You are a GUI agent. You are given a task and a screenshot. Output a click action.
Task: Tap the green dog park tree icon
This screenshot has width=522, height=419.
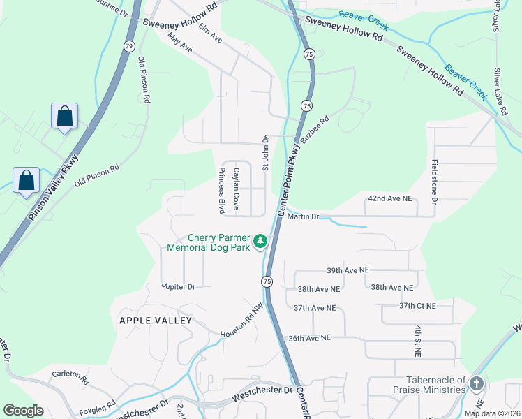[x=260, y=242]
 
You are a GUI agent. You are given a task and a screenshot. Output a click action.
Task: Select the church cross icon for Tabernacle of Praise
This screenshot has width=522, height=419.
[x=477, y=383]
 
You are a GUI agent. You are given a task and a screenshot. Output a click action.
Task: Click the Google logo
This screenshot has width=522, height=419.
[x=23, y=411]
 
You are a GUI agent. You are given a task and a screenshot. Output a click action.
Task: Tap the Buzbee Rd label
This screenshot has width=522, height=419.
[x=315, y=129]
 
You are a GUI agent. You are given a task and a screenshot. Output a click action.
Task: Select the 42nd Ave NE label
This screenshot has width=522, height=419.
[x=389, y=199]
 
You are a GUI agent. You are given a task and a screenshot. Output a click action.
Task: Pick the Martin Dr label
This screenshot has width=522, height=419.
[x=303, y=217]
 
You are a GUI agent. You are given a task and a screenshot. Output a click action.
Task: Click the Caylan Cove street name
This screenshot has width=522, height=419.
[x=237, y=190]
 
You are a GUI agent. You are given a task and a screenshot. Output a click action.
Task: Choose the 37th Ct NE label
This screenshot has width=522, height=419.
[x=417, y=306]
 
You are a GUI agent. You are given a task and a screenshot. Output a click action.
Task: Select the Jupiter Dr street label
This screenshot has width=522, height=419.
[x=179, y=286]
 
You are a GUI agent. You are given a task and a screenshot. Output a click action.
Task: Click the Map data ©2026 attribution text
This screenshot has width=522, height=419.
[x=491, y=413]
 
